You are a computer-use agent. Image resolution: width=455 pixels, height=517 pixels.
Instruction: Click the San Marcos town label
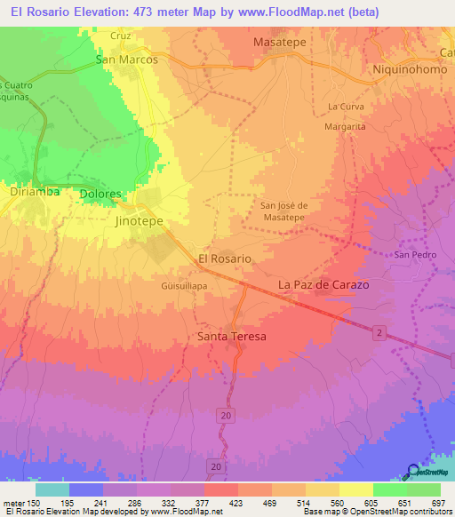127,60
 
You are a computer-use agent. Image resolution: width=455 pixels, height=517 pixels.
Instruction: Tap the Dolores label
100,194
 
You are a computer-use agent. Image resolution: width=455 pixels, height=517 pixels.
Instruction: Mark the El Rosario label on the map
224,258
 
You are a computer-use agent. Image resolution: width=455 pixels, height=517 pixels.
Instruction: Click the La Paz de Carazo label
323,284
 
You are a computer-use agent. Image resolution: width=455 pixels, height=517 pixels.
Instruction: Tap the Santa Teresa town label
231,338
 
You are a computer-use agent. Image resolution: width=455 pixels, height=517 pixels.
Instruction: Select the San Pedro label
415,255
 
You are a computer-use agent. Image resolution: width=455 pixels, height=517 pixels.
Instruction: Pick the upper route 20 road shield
227,416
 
